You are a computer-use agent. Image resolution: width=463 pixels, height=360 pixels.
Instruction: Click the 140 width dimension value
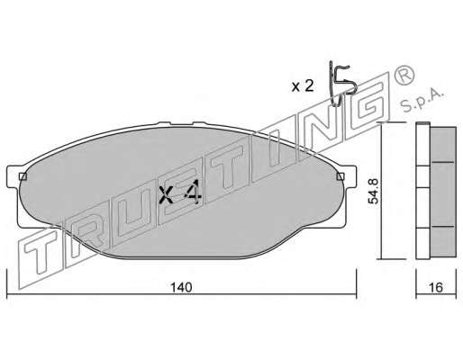pyautogui.click(x=181, y=287)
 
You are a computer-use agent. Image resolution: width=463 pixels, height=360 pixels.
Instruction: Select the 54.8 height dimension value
pyautogui.click(x=374, y=191)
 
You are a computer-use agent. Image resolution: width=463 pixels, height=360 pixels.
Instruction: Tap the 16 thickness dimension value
pyautogui.click(x=436, y=287)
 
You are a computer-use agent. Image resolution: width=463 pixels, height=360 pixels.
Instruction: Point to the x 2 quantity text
pyautogui.click(x=303, y=86)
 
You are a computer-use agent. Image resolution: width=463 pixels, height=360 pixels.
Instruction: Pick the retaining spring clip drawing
pyautogui.click(x=341, y=84)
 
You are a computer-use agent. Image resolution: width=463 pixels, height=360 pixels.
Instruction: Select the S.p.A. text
pyautogui.click(x=422, y=101)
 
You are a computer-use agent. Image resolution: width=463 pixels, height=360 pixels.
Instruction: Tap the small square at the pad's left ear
pyautogui.click(x=23, y=176)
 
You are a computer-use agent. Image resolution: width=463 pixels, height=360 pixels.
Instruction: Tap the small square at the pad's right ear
pyautogui.click(x=340, y=176)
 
